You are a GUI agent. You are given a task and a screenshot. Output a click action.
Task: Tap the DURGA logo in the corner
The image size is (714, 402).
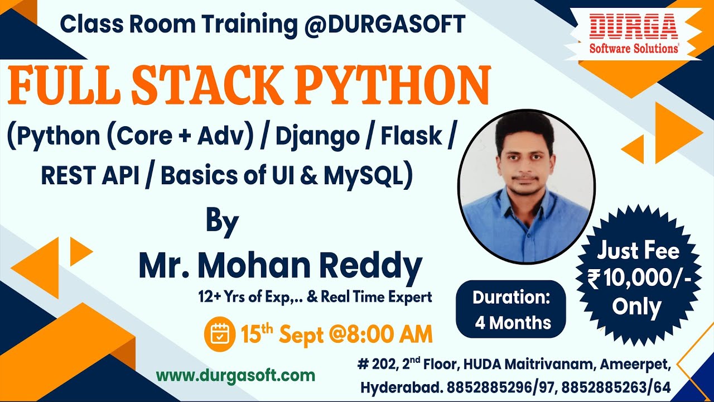pos(634,35)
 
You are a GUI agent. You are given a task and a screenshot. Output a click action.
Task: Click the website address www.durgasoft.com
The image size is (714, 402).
pos(235,375)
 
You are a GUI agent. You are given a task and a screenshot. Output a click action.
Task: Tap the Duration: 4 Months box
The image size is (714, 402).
pos(511,309)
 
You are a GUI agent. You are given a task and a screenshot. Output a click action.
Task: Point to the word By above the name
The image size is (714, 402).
pos(222,221)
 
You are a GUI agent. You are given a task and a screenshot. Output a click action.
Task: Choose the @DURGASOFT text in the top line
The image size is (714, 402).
pos(385,24)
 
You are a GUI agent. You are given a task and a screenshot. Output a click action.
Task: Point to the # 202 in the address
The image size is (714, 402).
pos(376,365)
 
